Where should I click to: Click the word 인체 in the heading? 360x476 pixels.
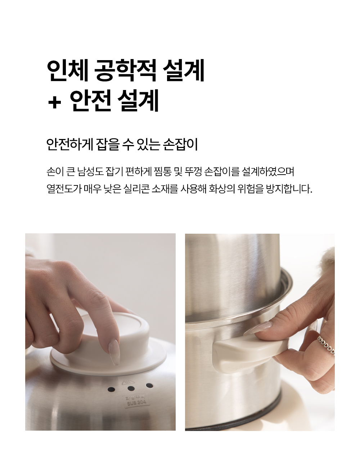point(68,70)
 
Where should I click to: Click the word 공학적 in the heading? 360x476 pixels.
point(125,70)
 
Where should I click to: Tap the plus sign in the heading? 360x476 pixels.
point(54,103)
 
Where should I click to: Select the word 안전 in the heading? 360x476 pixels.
point(91,100)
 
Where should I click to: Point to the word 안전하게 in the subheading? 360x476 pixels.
point(69,144)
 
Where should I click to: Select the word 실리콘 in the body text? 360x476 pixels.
point(136,189)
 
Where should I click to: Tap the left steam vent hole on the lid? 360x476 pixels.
point(111,390)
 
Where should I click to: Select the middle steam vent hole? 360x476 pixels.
point(131,388)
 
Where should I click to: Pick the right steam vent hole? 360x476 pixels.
point(149,386)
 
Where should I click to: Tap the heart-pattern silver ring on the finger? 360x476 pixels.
point(326,345)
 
